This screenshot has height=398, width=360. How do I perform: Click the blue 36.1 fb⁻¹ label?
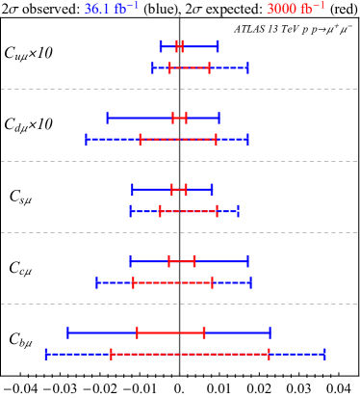coord(111,9)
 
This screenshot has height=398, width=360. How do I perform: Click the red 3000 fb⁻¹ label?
coord(296,9)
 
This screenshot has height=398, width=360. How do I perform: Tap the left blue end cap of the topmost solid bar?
coord(161,46)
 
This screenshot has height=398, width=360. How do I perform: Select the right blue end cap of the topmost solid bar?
coord(218,46)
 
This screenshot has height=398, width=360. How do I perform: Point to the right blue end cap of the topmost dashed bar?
coord(247,67)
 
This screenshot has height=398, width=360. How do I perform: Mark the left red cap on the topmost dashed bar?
coord(169,67)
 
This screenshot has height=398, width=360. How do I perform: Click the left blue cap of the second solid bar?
coord(107,118)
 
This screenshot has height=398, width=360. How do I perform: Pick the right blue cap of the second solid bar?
coord(219,118)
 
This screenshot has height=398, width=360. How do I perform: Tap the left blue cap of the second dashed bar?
coord(86,139)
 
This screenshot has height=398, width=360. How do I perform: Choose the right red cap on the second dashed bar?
coord(216,139)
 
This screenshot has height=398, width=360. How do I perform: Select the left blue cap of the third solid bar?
coord(132,189)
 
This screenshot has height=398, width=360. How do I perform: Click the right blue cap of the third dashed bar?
coord(238,210)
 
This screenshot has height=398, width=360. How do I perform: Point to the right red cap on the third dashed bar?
coord(218,210)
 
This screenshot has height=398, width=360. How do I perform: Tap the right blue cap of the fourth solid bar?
coord(248,261)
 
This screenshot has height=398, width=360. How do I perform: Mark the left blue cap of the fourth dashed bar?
coord(96,282)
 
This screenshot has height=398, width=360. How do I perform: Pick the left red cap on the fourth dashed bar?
coord(133,282)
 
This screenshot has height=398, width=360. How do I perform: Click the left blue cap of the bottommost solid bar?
coord(67,332)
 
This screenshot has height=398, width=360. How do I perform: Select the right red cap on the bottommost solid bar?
coord(204,332)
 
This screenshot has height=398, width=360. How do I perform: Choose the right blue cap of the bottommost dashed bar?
coord(324,354)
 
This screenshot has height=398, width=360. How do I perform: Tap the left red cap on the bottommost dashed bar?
coord(111,354)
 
